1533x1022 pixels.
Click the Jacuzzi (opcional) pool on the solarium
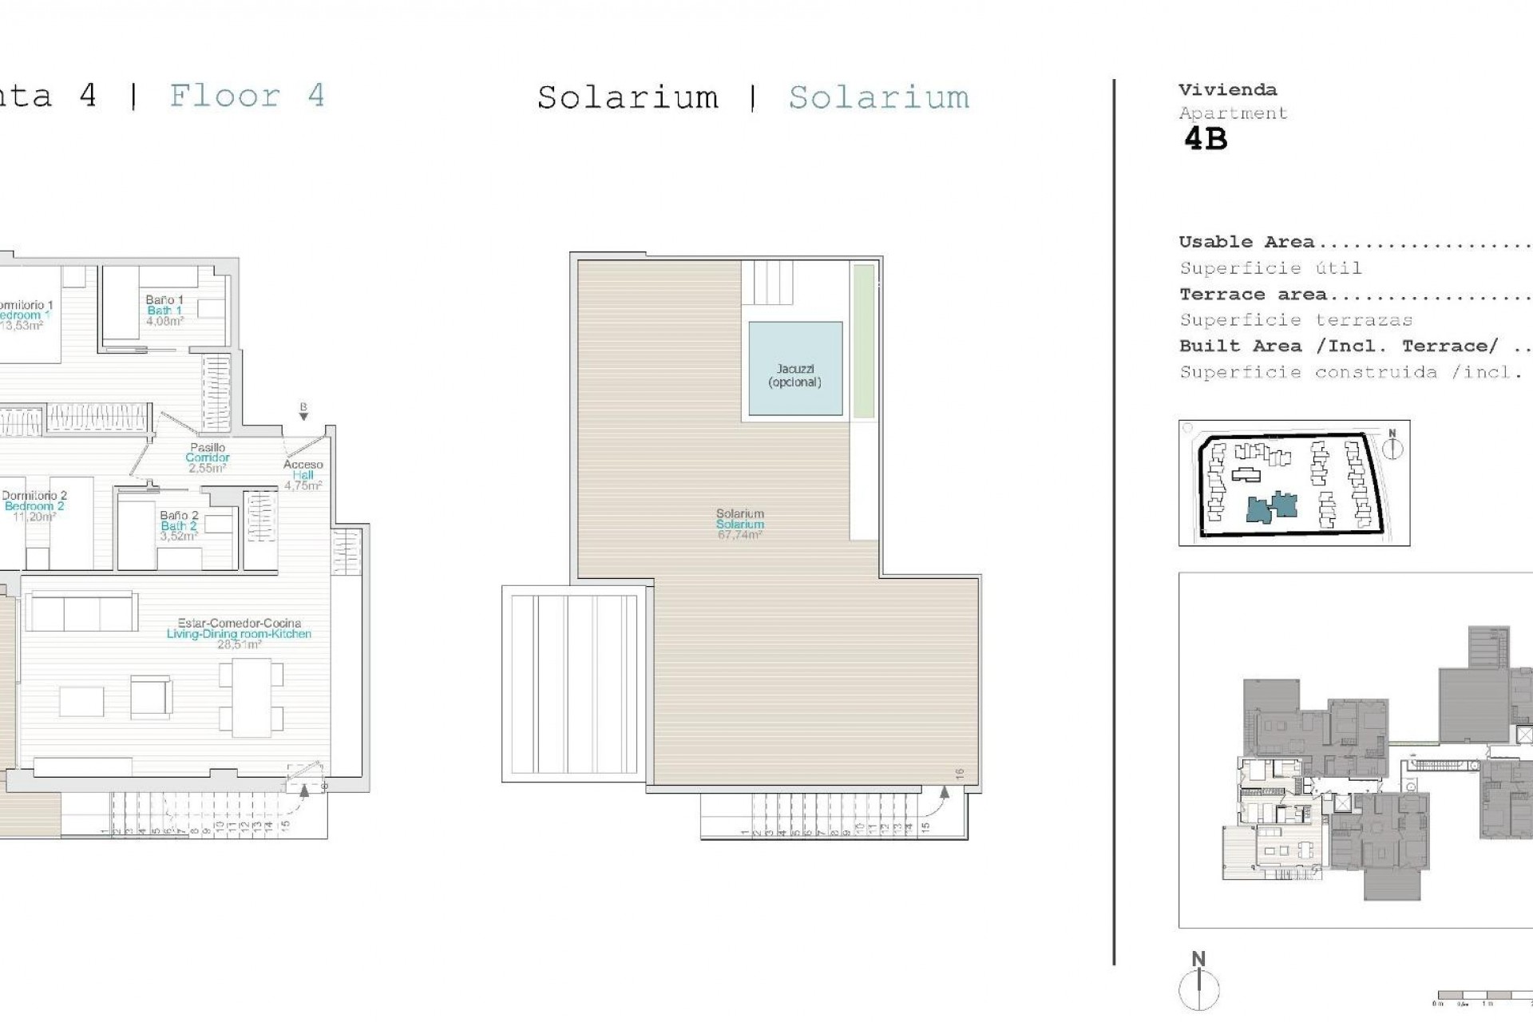click(795, 369)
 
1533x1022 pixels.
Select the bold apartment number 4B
click(1205, 140)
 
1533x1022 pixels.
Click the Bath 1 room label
click(164, 311)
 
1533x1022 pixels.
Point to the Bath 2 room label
click(179, 525)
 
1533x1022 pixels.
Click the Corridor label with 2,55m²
click(208, 458)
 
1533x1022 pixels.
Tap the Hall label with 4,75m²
click(303, 475)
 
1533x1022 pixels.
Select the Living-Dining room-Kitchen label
click(239, 634)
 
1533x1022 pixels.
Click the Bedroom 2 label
click(34, 506)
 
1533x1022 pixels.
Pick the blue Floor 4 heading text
click(247, 96)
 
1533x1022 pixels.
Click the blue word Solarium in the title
click(878, 97)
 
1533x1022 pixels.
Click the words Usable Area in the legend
click(1246, 242)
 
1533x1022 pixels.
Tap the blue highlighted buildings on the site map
click(1273, 507)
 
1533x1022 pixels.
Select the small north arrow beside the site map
click(1392, 446)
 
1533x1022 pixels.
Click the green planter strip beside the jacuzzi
click(863, 341)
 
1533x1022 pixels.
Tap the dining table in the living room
click(252, 697)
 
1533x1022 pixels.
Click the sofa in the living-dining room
click(81, 612)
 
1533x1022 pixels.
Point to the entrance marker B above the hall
click(303, 410)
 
